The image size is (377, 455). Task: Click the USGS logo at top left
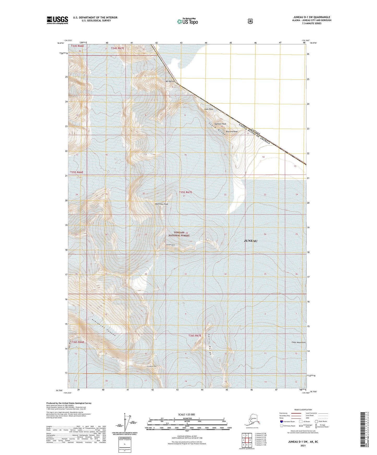point(57,20)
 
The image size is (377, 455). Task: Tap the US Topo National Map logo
point(187,21)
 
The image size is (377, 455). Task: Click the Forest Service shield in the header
point(250,21)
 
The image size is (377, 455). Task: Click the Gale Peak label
point(209,109)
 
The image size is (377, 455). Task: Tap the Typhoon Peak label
point(220,124)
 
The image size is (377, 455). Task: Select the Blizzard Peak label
point(232,132)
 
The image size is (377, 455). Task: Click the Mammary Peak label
point(161,204)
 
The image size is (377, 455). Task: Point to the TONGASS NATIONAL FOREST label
point(179,234)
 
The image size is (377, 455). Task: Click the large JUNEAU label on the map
point(250,241)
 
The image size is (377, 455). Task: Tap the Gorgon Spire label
point(170,245)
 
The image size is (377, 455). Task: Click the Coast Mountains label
point(298,342)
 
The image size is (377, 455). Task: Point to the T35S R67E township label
point(185,192)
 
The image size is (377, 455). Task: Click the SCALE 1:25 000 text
point(186,414)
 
